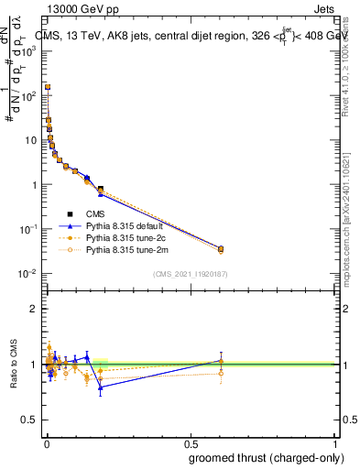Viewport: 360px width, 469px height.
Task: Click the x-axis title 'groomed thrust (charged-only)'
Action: tap(260, 457)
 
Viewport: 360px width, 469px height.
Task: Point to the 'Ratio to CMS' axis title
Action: tap(14, 365)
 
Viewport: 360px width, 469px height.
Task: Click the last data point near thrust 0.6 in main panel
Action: tap(221, 248)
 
